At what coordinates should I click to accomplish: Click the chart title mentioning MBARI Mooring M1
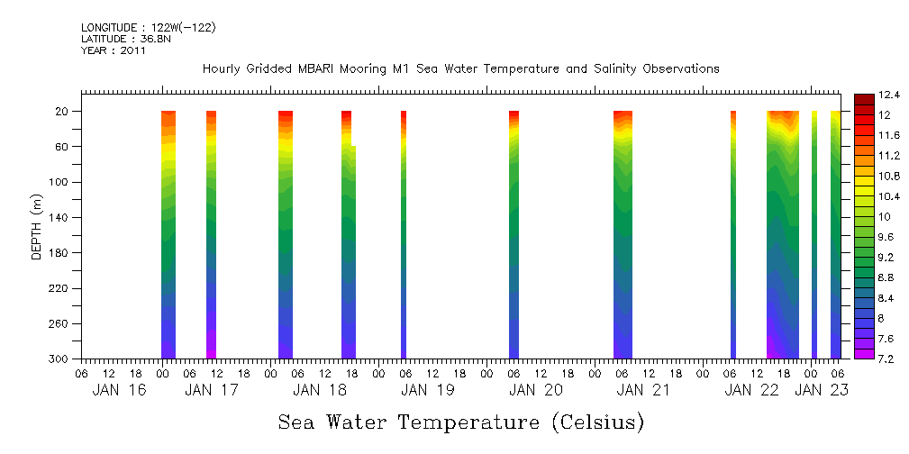click(x=460, y=68)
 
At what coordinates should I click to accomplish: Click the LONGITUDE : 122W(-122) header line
click(x=149, y=28)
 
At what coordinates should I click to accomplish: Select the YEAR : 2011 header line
click(x=114, y=51)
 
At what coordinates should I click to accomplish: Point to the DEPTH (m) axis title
click(x=37, y=226)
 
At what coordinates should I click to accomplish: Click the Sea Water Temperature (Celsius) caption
click(x=460, y=422)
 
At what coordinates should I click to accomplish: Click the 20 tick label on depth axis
click(x=63, y=112)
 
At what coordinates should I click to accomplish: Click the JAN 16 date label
click(x=119, y=390)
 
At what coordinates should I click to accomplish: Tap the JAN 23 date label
click(x=820, y=390)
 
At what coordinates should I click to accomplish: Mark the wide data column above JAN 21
click(x=623, y=234)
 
